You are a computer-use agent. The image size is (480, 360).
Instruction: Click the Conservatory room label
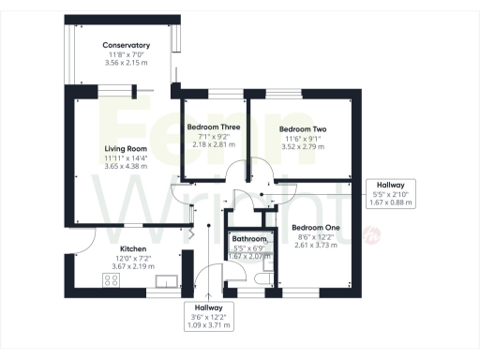pos(127,45)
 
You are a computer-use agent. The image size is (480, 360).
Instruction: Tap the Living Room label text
pos(126,147)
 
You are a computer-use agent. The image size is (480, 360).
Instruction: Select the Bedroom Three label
pos(214,127)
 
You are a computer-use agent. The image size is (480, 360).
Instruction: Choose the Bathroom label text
pos(249,240)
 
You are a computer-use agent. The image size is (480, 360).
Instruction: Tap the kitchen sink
pos(172,280)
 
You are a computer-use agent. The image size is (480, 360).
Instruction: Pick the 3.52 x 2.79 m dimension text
pos(302,147)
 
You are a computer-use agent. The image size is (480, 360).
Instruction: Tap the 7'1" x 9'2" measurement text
pos(214,137)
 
